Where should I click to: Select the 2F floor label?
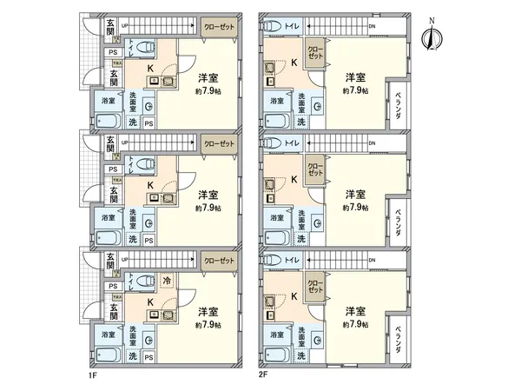[262, 376]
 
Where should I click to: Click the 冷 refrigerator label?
[168, 281]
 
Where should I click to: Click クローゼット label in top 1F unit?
[221, 25]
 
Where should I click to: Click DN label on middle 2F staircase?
[372, 142]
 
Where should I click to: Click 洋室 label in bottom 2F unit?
[353, 310]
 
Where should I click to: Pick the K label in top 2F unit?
[293, 62]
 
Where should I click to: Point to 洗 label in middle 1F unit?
[133, 238]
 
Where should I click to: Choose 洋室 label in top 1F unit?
[207, 76]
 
